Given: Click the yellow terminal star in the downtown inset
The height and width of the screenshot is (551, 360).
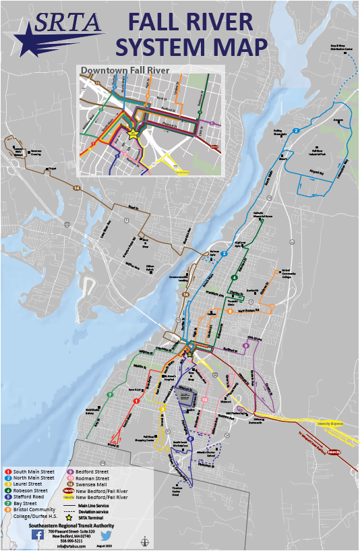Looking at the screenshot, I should pyautogui.click(x=133, y=134).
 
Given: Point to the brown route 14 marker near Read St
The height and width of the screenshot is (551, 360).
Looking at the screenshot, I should pyautogui.click(x=77, y=188).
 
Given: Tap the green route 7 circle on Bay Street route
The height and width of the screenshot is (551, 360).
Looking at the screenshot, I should pyautogui.click(x=110, y=394).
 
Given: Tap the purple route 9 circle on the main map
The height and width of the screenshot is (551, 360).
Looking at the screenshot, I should pyautogui.click(x=246, y=345).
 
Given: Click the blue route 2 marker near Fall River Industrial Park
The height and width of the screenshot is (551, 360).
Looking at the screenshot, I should pyautogui.click(x=295, y=130).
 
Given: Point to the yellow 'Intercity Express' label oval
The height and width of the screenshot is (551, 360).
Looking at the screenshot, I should pyautogui.click(x=328, y=424).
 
